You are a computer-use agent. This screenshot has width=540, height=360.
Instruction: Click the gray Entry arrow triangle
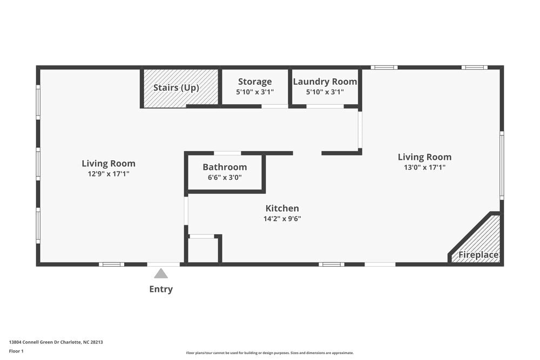point(161,274)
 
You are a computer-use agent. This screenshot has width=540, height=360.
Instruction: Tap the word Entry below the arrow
point(161,289)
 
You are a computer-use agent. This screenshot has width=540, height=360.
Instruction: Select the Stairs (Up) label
point(176,87)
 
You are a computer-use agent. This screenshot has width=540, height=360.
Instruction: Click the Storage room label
point(255,81)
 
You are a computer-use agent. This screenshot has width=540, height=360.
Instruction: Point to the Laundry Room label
point(325,81)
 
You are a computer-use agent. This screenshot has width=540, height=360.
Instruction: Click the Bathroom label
point(225,167)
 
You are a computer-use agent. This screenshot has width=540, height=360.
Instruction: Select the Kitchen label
point(282,208)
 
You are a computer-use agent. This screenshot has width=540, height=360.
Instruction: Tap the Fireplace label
point(478,255)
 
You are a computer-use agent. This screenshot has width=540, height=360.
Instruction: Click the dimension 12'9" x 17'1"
point(109,174)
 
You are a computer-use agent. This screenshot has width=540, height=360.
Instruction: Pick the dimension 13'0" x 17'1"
point(424,167)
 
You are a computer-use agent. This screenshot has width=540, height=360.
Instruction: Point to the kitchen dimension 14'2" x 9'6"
point(282,219)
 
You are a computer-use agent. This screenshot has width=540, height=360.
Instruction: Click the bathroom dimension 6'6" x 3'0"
point(225,177)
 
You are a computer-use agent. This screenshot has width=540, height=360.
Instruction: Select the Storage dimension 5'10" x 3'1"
point(255,92)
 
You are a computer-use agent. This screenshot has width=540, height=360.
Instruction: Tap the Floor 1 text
point(16,351)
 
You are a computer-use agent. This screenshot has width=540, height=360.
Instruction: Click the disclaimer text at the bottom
point(270,353)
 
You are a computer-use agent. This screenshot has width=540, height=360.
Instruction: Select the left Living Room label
point(109,164)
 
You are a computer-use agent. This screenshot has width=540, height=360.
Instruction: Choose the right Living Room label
point(424,157)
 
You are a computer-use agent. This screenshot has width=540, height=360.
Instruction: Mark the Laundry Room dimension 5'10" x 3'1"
point(325,92)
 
